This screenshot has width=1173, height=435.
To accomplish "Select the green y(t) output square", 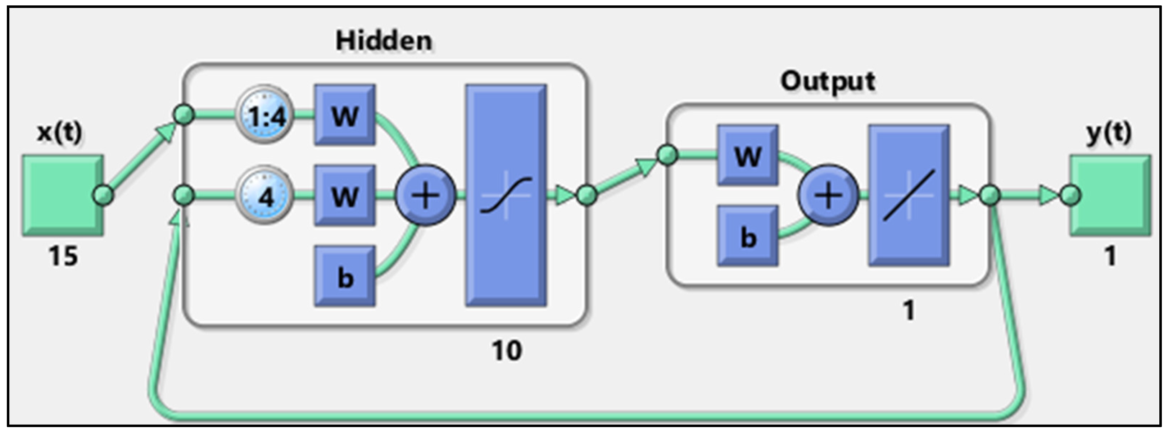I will (x=1110, y=195).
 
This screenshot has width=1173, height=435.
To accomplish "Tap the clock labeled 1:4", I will (x=264, y=115).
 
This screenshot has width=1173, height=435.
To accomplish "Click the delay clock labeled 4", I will (x=264, y=196).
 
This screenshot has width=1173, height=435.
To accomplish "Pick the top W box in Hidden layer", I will (x=345, y=115).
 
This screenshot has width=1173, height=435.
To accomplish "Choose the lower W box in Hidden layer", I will (x=345, y=196).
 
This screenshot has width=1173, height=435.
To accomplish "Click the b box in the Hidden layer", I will (x=345, y=276).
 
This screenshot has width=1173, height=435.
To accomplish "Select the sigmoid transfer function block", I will (x=506, y=195).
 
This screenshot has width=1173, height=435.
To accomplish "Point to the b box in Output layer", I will (x=748, y=236).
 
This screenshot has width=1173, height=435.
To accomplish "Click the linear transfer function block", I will (x=909, y=195).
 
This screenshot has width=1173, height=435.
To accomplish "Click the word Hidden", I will (x=384, y=41).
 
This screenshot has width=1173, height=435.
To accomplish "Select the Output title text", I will (x=827, y=82).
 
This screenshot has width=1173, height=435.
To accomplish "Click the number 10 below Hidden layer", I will (x=506, y=351).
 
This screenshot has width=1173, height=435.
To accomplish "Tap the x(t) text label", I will (x=60, y=133).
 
